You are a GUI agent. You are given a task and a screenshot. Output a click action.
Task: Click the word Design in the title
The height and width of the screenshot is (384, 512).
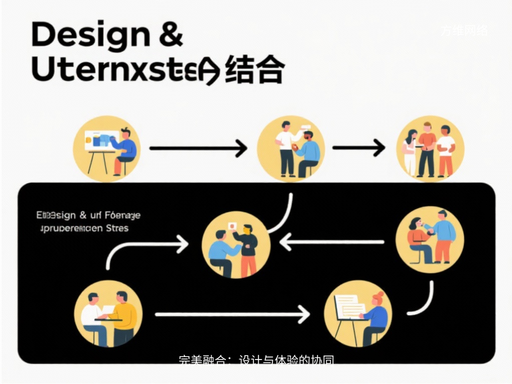89,35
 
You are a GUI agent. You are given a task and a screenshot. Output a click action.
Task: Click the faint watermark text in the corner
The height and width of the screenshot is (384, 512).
464,31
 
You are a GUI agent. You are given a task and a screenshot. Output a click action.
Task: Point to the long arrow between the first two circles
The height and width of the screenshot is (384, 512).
197,148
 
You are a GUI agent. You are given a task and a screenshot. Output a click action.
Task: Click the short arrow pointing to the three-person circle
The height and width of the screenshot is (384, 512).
358,147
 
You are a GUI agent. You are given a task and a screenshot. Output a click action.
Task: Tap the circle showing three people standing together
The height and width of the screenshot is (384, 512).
430,148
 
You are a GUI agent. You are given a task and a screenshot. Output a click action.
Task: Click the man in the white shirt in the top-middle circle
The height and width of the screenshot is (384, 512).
285,147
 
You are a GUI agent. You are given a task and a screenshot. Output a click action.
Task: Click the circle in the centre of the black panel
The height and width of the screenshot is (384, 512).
236,244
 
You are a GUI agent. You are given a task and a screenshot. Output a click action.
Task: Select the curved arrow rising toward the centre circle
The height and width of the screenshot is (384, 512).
145,248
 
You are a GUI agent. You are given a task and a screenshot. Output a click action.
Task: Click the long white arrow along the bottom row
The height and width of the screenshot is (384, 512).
232,314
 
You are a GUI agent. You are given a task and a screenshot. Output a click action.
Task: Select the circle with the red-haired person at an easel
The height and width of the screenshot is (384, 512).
357,313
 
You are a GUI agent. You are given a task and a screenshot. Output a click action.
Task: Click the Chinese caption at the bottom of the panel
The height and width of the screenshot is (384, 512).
256,360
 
